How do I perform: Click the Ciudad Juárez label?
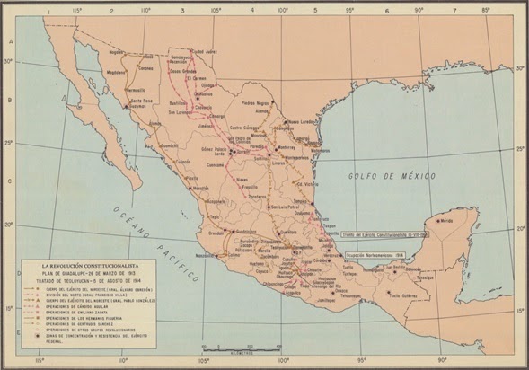[x=208, y=51]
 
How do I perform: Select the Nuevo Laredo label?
[x=305, y=122]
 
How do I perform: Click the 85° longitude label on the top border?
[x=486, y=11]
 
